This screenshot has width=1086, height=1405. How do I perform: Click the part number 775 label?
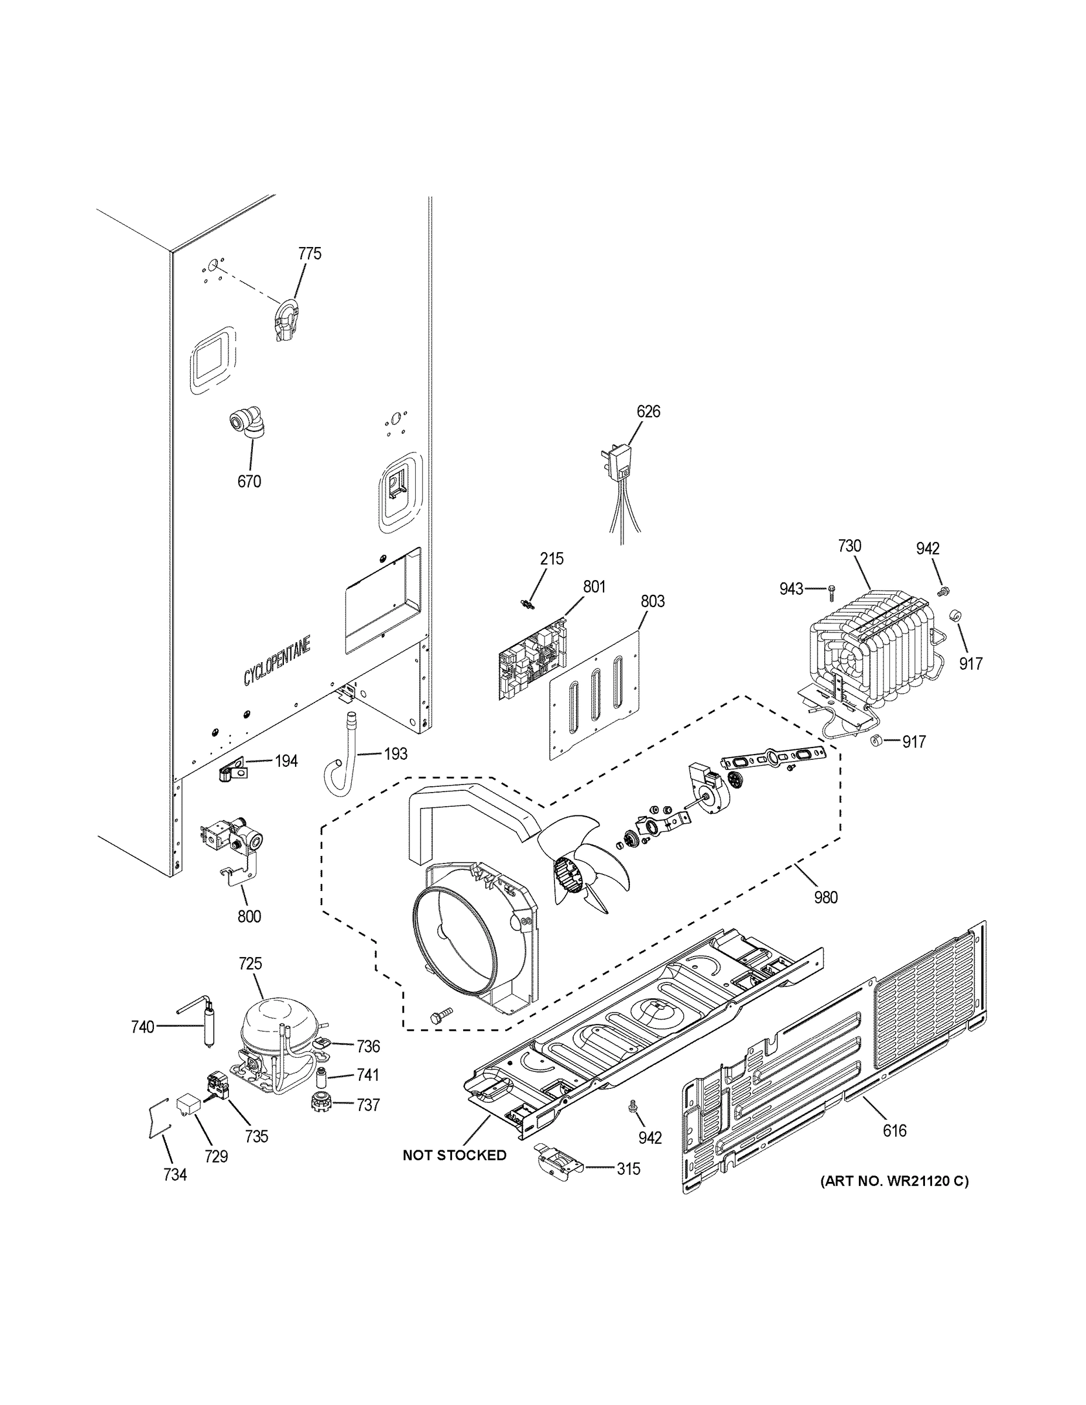pyautogui.click(x=310, y=253)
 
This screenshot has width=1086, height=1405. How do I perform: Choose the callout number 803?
pyautogui.click(x=652, y=601)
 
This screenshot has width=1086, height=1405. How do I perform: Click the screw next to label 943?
pyautogui.click(x=831, y=588)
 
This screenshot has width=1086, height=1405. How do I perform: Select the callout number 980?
pyautogui.click(x=825, y=897)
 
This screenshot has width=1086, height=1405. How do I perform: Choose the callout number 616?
pyautogui.click(x=895, y=1149)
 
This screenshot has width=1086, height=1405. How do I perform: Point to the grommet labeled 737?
pyautogui.click(x=320, y=1105)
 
